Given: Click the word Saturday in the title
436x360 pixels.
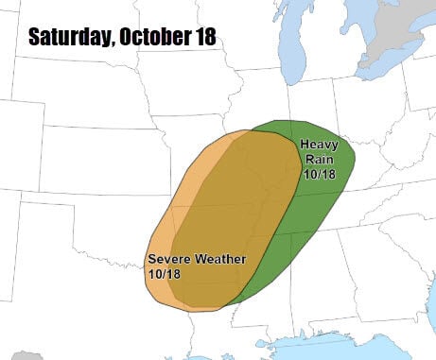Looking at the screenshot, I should (69, 38).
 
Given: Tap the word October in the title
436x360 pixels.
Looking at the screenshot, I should (152, 38).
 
